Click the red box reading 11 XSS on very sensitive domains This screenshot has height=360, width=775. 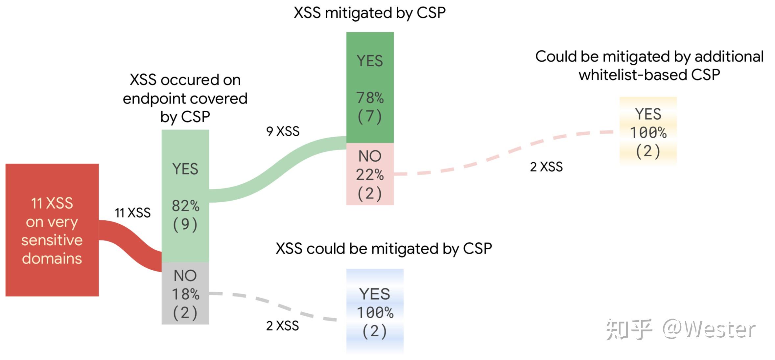pyautogui.click(x=52, y=230)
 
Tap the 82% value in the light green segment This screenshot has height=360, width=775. pyautogui.click(x=185, y=206)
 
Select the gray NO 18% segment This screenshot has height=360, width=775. pyautogui.click(x=185, y=293)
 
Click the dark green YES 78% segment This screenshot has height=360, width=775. pyautogui.click(x=370, y=87)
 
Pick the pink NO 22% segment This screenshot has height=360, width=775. pyautogui.click(x=370, y=174)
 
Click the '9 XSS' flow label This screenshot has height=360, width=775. pyautogui.click(x=283, y=131)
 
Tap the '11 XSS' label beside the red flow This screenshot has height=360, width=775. pyautogui.click(x=132, y=213)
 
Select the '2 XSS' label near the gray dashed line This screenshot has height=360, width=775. pyautogui.click(x=282, y=326)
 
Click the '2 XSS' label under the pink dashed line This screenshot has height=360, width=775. pyautogui.click(x=546, y=167)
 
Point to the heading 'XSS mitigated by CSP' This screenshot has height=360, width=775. pyautogui.click(x=369, y=13)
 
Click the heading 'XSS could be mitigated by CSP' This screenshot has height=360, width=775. pyautogui.click(x=384, y=249)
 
